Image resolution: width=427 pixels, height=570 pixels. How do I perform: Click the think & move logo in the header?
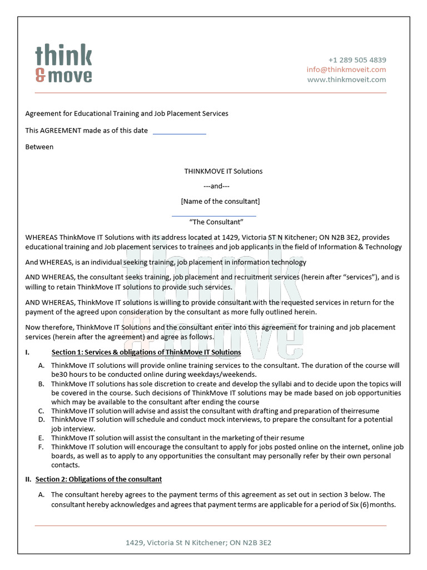(x=63, y=64)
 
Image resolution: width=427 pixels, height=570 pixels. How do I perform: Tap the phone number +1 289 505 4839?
(x=357, y=60)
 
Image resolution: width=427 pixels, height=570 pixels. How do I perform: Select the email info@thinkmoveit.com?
(x=346, y=70)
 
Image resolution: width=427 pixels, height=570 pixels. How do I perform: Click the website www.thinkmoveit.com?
(x=346, y=80)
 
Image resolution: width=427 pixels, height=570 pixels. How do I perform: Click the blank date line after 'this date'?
(x=179, y=132)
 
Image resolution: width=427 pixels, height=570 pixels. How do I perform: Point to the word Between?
(x=39, y=147)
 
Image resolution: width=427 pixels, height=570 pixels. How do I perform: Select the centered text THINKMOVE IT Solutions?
(x=224, y=171)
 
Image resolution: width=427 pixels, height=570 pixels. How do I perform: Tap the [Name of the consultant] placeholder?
(x=220, y=201)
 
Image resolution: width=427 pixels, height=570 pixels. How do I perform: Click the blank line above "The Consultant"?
(x=214, y=215)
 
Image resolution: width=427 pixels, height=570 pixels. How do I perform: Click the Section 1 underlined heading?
(x=146, y=352)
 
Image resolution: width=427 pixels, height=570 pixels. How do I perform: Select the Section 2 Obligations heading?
(x=98, y=479)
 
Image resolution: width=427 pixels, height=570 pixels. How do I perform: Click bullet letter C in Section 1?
(x=41, y=411)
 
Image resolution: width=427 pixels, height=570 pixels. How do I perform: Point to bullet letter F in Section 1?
(x=41, y=447)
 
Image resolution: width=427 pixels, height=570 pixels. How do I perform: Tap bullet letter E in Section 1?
(x=41, y=438)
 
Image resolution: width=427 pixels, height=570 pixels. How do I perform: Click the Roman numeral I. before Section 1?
(x=27, y=352)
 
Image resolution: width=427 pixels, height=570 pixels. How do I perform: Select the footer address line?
(x=198, y=542)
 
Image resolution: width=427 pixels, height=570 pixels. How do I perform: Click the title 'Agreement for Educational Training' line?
(x=127, y=114)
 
